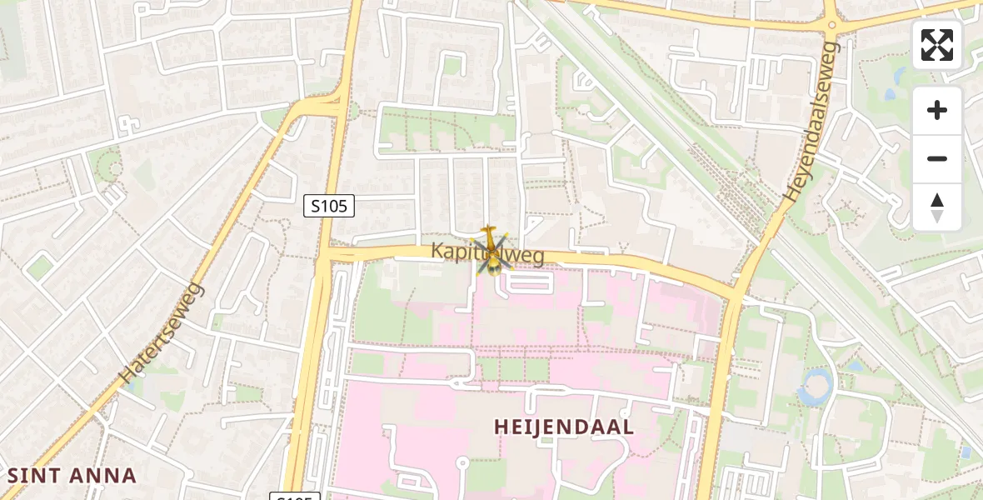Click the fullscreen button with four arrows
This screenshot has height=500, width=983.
[937, 45]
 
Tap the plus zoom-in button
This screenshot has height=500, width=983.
[937, 110]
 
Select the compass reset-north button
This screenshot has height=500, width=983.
[937, 207]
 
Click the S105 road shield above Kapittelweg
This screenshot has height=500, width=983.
[329, 206]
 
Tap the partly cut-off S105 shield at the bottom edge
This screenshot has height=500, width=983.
[295, 497]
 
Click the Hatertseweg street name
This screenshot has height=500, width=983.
[162, 334]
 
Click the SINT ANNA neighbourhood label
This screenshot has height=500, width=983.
[72, 476]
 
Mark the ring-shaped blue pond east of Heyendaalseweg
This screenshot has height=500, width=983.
[814, 386]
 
